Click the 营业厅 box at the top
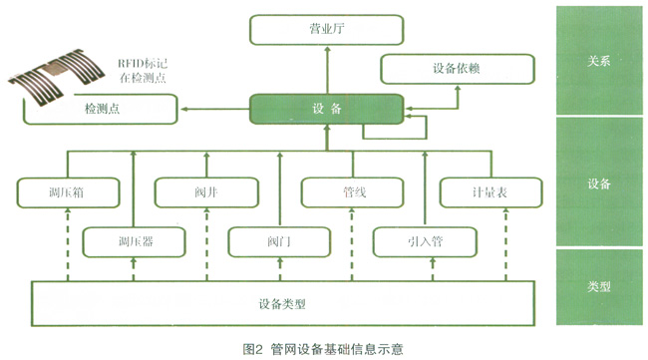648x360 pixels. coord(326,30)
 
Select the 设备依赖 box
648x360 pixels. coord(458,69)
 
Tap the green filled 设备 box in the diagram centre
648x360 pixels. coord(326,109)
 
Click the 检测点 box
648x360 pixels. coord(102,109)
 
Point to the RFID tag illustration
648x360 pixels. coord(56,77)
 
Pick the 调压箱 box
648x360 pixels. coord(68,192)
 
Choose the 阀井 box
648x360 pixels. coord(206,192)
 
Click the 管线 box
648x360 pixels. coord(353,192)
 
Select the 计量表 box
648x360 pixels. coord(490,192)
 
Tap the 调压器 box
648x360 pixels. coord(134,241)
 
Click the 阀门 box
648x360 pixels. coord(279,241)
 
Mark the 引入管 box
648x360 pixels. coord(425,241)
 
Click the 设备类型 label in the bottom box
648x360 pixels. coord(282,304)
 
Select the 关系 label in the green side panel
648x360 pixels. coord(599,61)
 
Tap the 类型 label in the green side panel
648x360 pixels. coord(599,286)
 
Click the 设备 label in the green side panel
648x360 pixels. coord(599,183)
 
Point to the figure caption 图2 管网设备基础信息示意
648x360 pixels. coord(323,349)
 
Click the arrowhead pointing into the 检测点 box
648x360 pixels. coord(184,109)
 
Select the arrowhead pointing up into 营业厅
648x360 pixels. coord(327,49)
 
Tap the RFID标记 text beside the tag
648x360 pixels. coord(143,64)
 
